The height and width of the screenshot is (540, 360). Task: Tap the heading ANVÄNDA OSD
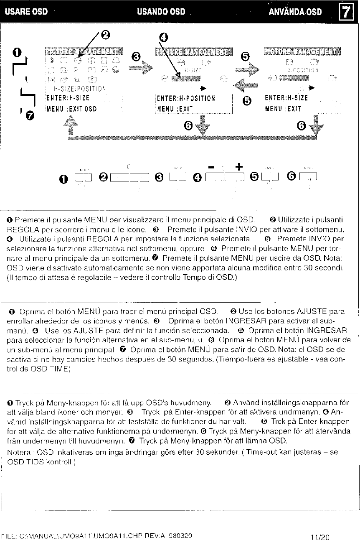point(296,11)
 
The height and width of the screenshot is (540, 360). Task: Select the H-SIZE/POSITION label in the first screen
point(80,88)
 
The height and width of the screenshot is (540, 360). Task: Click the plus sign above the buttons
point(238,166)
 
